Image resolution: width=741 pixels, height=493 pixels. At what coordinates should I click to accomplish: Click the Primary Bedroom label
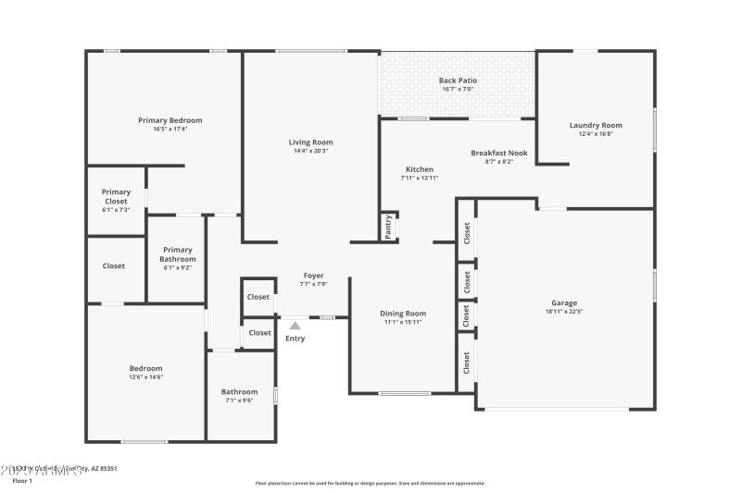[x=170, y=120]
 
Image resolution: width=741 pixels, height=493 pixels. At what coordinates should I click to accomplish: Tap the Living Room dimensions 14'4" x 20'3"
[x=310, y=151]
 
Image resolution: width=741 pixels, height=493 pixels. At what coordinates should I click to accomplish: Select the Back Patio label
[x=458, y=80]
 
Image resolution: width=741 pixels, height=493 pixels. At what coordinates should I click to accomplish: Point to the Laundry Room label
[x=596, y=125]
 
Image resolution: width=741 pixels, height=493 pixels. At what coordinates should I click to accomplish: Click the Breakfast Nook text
[x=498, y=153]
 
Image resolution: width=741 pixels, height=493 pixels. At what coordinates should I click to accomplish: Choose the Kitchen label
[x=420, y=169]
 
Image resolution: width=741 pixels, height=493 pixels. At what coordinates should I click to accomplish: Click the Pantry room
[x=389, y=228]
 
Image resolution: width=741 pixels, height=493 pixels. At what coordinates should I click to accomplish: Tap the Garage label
[x=564, y=302]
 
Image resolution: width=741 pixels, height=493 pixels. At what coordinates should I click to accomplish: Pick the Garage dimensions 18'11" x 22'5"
[x=564, y=312]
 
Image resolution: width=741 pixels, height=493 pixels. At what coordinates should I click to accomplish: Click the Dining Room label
[x=404, y=313]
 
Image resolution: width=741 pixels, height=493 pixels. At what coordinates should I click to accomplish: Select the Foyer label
[x=314, y=276]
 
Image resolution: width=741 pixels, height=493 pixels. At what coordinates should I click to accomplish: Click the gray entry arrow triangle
[x=295, y=326]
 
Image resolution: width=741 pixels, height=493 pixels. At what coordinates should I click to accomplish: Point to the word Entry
[x=295, y=339]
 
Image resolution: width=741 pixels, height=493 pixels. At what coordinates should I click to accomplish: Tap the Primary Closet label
[x=116, y=196]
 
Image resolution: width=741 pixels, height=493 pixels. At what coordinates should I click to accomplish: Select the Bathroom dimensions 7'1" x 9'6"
[x=240, y=401]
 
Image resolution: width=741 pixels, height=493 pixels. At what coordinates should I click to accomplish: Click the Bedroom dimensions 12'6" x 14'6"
[x=146, y=377]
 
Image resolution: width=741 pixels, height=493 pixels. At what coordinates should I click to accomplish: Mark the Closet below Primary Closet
[x=114, y=266]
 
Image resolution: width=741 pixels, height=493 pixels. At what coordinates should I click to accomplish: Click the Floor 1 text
[x=21, y=481]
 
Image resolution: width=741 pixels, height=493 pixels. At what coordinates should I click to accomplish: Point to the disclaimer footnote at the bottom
[x=370, y=483]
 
